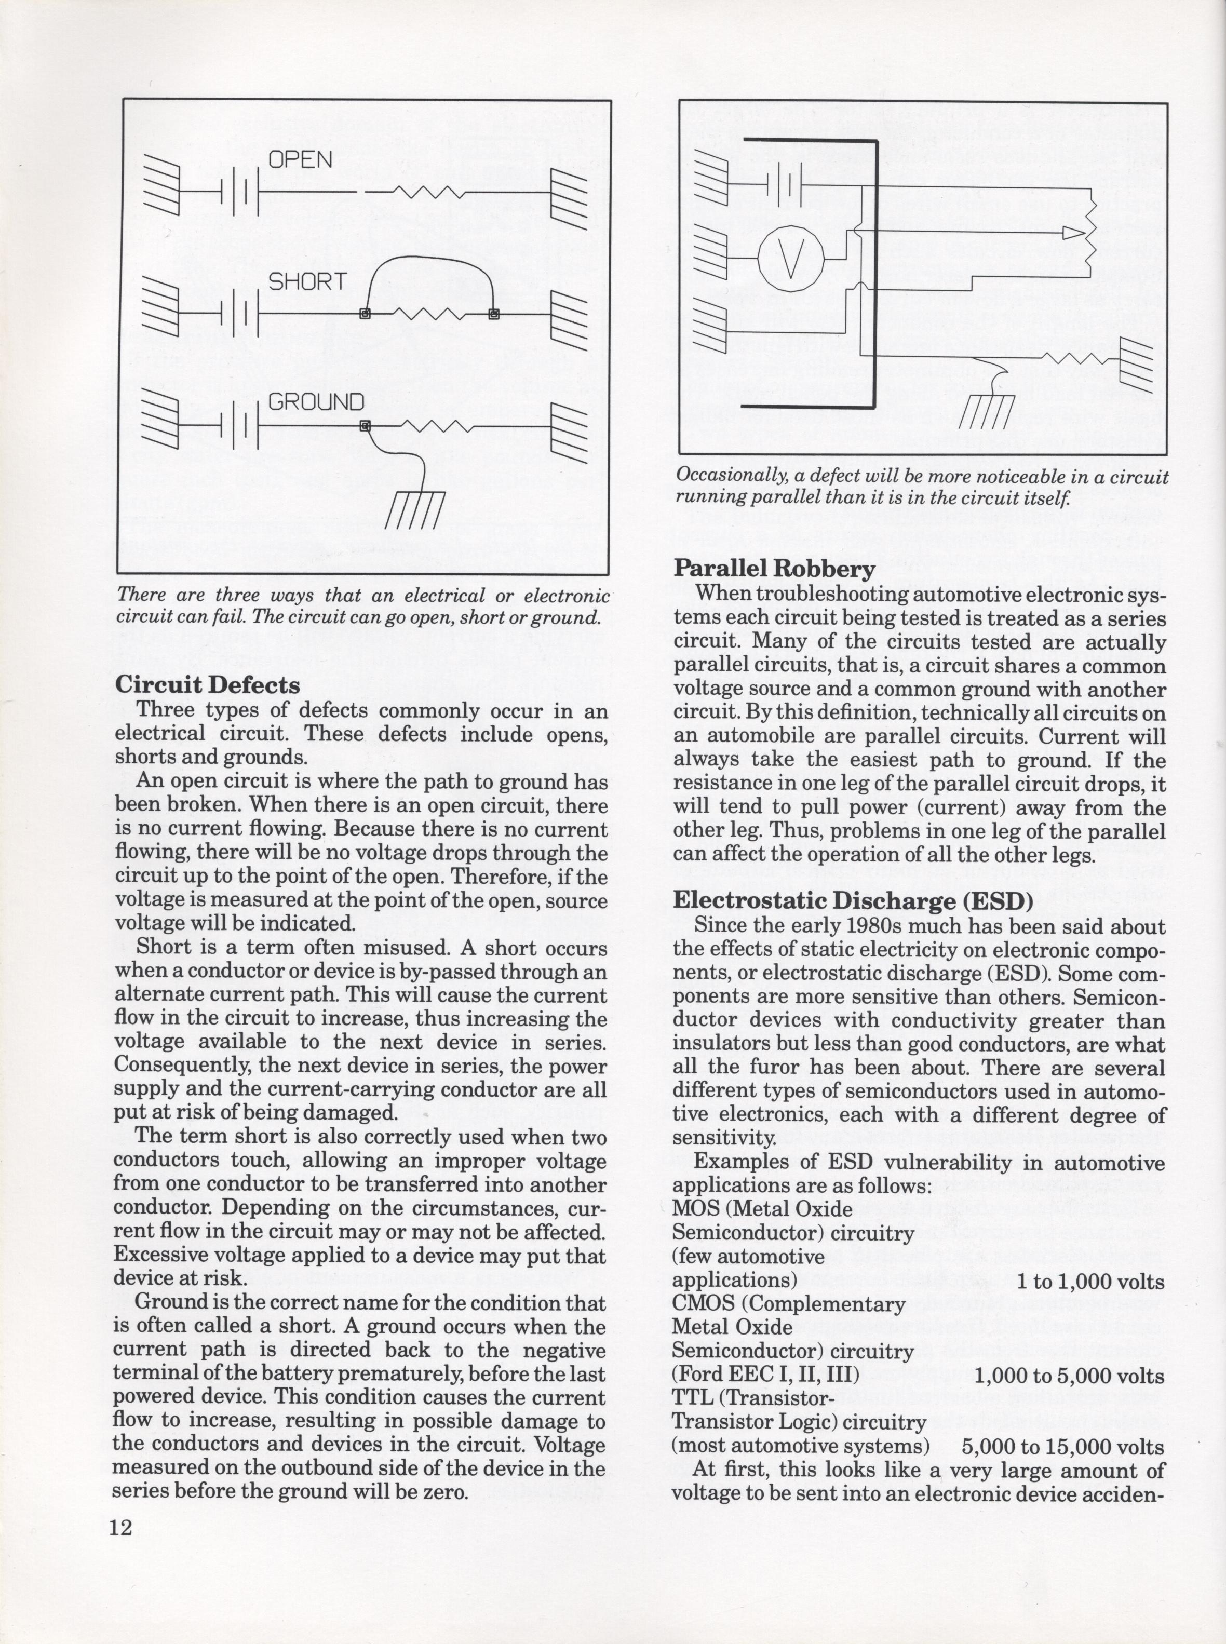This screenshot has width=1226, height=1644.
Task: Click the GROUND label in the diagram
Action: (316, 402)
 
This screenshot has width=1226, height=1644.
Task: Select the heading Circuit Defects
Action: (207, 684)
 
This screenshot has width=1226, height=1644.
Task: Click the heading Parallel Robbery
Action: (774, 569)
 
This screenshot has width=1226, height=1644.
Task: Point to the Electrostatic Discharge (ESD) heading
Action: (853, 900)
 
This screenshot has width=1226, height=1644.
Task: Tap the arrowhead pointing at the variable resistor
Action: (1073, 234)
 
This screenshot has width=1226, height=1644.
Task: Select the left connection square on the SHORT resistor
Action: (365, 314)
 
